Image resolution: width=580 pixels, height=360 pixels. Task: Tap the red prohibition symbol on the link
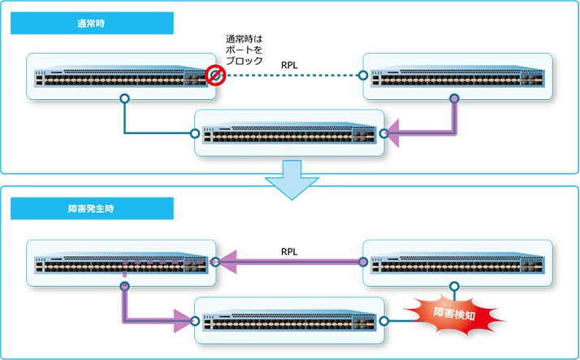(x=215, y=76)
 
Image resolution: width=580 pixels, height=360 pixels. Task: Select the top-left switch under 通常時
(x=121, y=76)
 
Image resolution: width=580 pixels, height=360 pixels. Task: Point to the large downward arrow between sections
(x=290, y=180)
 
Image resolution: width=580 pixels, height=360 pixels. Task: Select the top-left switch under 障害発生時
(x=121, y=262)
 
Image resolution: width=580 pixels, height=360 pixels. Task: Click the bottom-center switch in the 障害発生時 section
(x=289, y=319)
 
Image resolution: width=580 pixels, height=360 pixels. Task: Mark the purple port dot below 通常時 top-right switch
(x=454, y=99)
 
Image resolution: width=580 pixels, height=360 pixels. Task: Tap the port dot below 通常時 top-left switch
(x=124, y=99)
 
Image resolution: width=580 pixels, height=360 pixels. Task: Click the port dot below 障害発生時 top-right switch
(x=454, y=285)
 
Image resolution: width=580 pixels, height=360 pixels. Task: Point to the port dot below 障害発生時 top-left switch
(x=124, y=285)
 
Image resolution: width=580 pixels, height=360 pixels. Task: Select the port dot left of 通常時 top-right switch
(x=361, y=76)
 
